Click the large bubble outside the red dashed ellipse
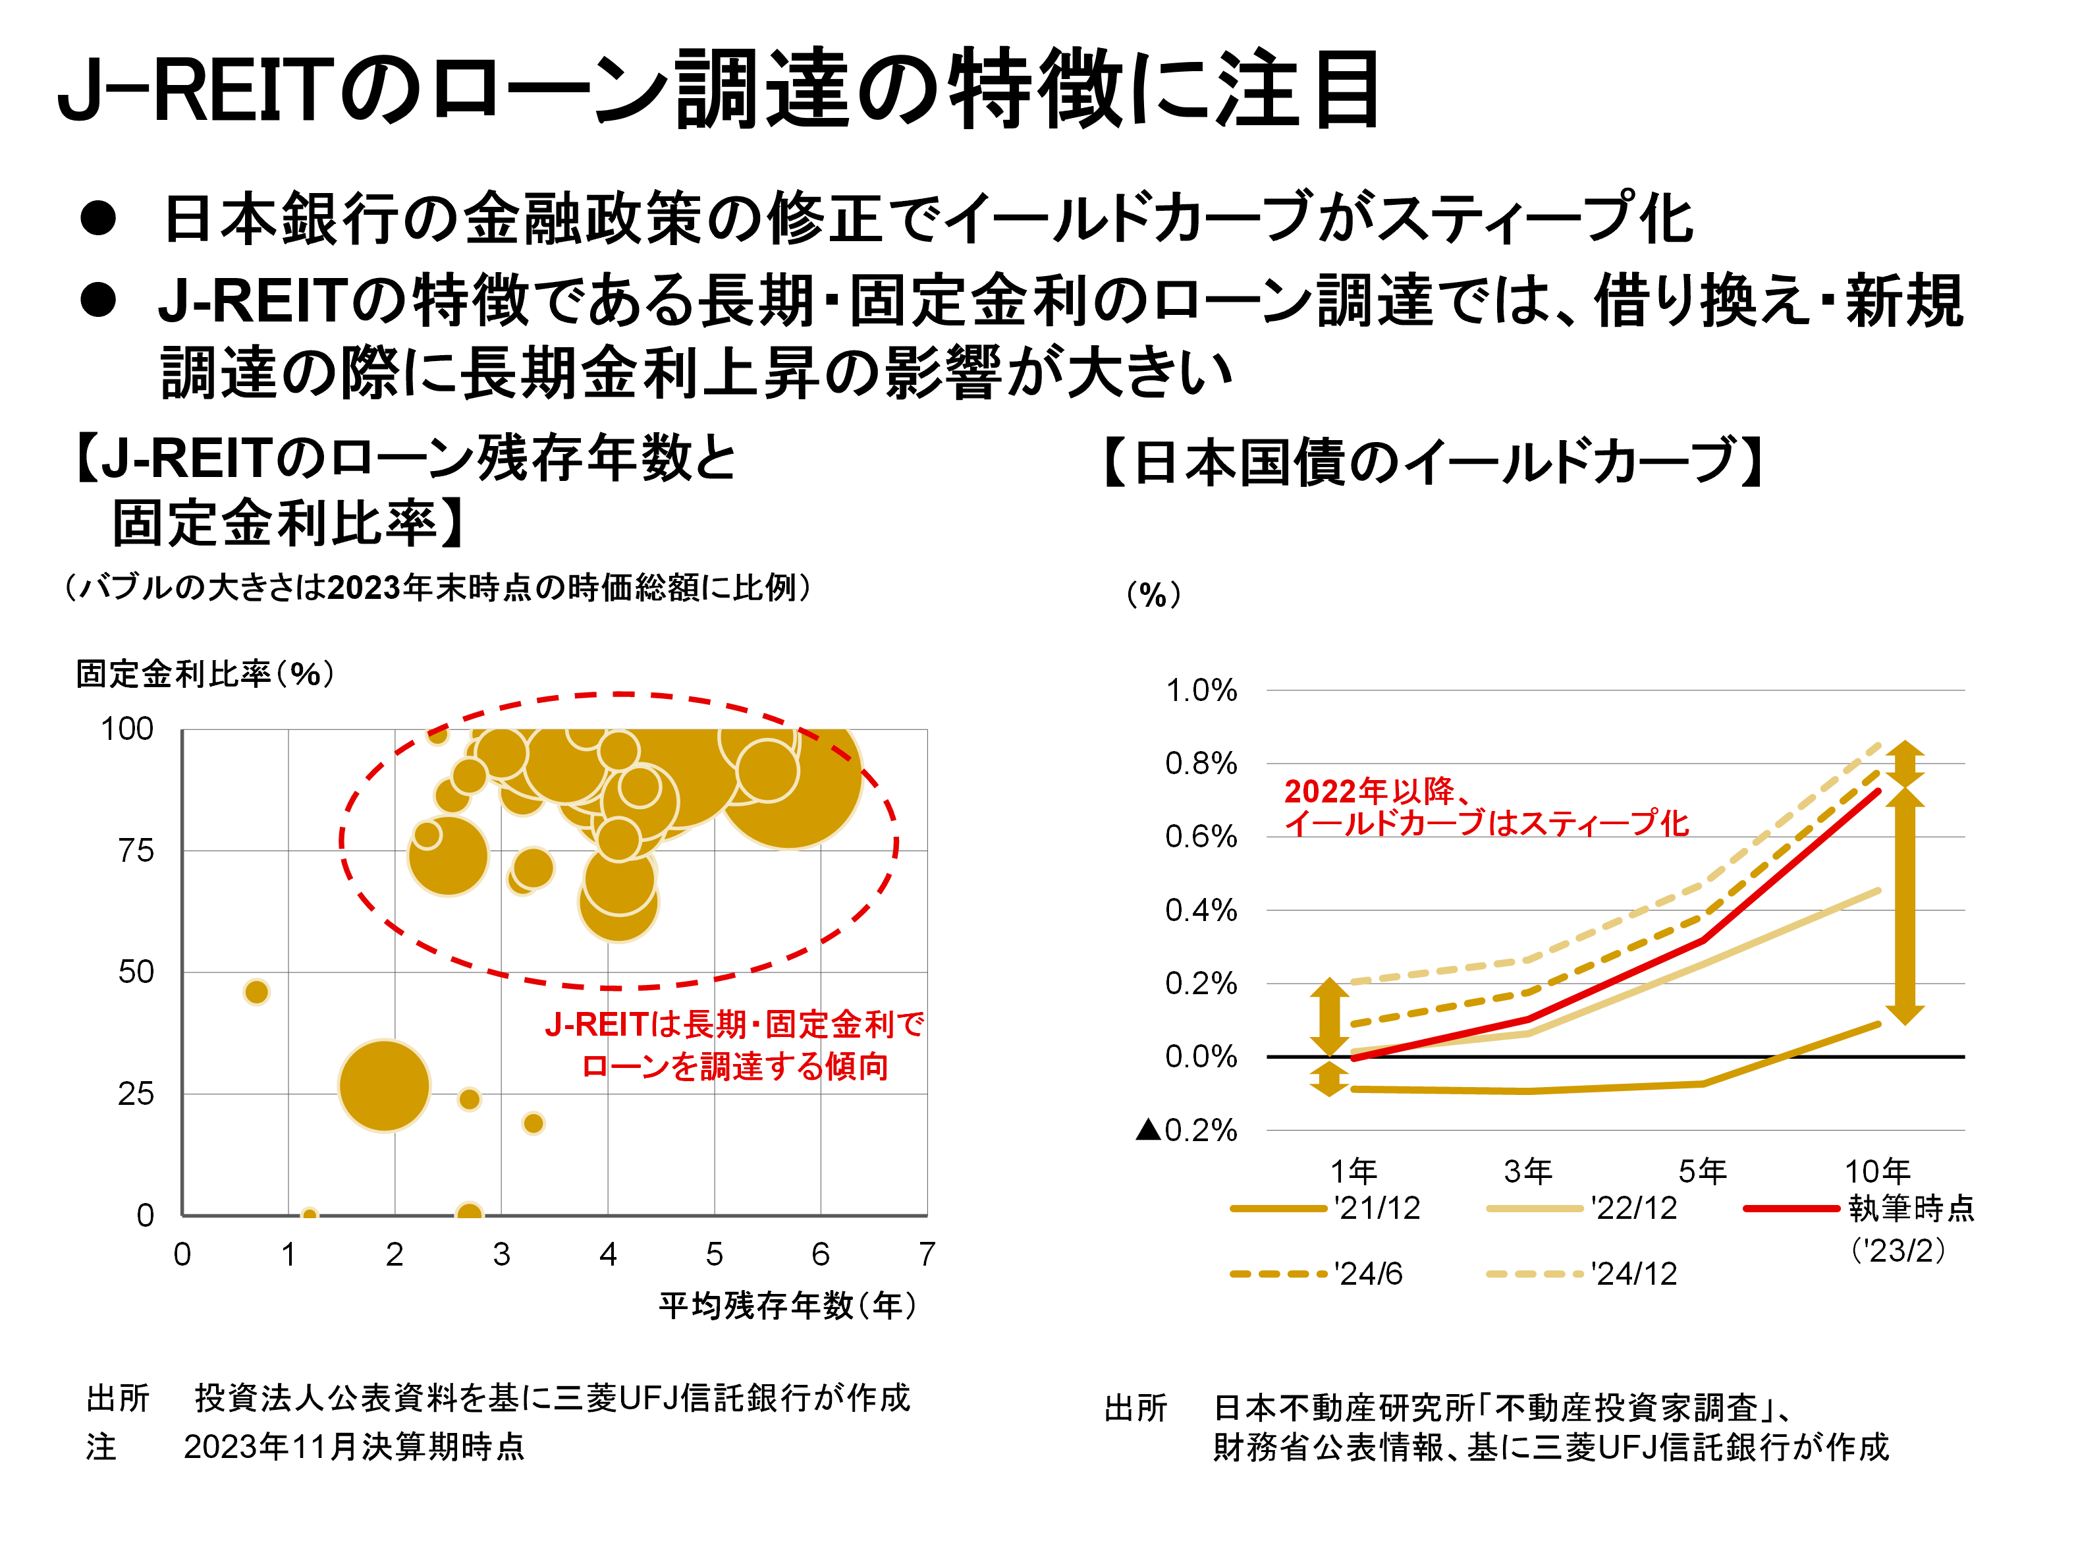coord(384,1086)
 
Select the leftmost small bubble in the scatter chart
coord(256,992)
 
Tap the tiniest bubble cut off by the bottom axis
coord(310,1214)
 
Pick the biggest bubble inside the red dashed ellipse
coord(790,779)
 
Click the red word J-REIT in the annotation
coord(595,1025)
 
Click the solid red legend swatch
coord(1791,1209)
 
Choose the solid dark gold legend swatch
coord(1278,1209)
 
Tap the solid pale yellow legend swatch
coord(1534,1209)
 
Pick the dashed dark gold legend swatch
coord(1278,1274)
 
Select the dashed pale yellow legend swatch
coord(1534,1274)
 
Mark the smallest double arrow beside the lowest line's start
coord(1329,1079)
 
